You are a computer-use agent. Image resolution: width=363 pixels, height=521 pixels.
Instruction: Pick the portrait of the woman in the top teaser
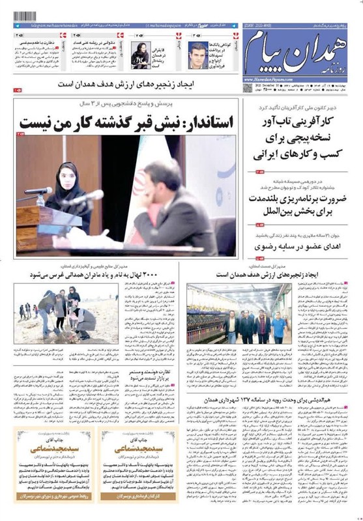click(x=141, y=54)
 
